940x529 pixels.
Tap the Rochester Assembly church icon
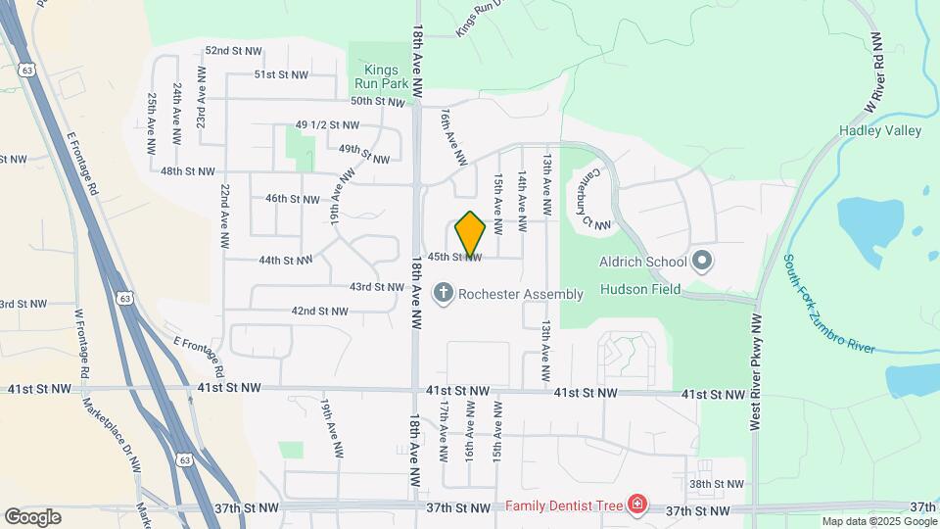click(444, 293)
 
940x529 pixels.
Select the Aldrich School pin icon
click(701, 262)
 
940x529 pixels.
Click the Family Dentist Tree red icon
click(637, 505)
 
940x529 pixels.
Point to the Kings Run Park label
click(382, 76)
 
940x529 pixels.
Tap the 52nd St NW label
click(233, 50)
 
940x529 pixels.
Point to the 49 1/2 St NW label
click(327, 125)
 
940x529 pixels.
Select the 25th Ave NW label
click(153, 124)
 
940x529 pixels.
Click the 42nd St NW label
click(319, 312)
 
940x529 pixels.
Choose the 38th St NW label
click(716, 484)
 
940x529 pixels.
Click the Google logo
click(32, 516)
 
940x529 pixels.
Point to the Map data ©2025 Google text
click(878, 521)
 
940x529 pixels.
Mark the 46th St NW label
click(293, 198)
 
